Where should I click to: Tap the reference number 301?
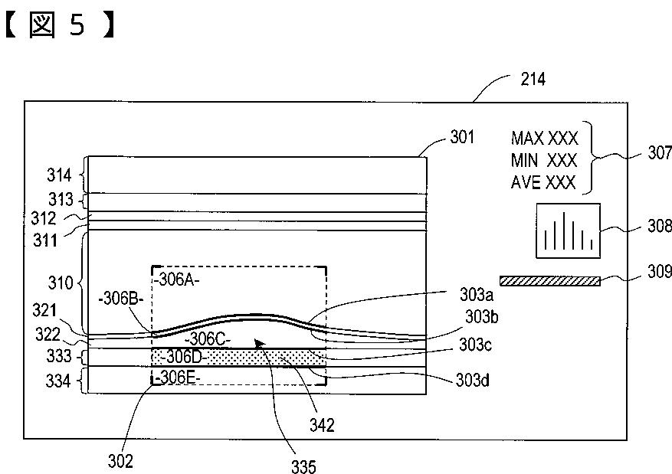[x=461, y=138]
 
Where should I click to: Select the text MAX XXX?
[x=544, y=139]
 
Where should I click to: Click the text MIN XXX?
[x=544, y=161]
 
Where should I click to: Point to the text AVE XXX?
[x=544, y=183]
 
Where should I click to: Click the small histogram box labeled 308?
[x=568, y=230]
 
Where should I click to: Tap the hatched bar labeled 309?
[x=549, y=281]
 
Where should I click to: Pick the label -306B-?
[x=120, y=298]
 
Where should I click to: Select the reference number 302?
[x=121, y=461]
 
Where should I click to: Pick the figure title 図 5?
[x=61, y=25]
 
